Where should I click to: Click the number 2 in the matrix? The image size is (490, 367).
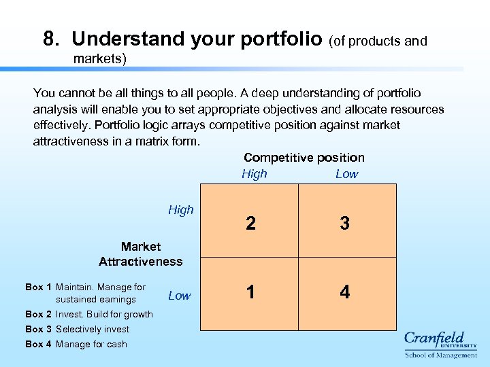coord(251,224)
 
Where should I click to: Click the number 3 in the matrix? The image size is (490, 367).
coord(345,224)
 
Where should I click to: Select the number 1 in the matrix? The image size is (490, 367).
coord(251,292)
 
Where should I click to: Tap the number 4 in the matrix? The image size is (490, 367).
coord(345,292)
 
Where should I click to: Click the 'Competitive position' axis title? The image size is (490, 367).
coord(304,158)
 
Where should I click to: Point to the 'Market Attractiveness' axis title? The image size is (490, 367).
coord(141,254)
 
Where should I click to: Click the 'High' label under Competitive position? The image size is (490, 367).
coord(255,174)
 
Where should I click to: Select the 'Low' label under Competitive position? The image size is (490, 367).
coord(346,174)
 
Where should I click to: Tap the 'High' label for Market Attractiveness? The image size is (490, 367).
coord(181,210)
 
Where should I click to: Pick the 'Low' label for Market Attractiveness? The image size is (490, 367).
coord(180,296)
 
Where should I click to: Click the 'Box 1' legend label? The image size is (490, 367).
coord(39,287)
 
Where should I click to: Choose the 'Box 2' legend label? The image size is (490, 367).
coord(39,314)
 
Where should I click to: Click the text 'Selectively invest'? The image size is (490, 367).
coord(93,330)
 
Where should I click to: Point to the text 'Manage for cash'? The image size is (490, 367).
coord(91,345)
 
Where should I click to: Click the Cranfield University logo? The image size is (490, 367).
coord(440,344)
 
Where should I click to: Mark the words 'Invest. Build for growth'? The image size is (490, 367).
coord(104,314)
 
